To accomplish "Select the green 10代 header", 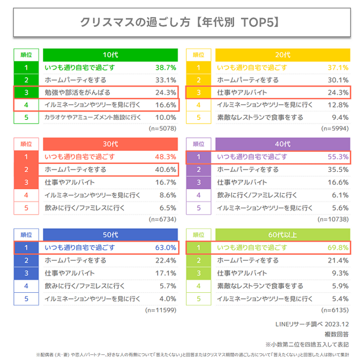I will pos(110,55).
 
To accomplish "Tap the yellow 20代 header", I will pos(283,55).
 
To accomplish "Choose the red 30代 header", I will pos(110,144).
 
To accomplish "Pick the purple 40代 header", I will pos(283,144).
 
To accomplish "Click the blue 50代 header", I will pos(110,234).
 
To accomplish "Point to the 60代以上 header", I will pos(283,234).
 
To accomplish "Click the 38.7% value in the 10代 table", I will pos(165,68).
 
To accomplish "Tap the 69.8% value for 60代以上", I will pos(337,247).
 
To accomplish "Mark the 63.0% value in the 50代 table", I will pos(165,247).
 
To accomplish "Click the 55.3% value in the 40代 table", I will pos(337,157).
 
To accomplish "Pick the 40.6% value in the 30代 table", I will pos(165,170).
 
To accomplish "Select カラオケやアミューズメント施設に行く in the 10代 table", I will pos(92,117).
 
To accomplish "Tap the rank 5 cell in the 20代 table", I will pos(198,117).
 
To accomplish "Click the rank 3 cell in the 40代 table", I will pos(198,182).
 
